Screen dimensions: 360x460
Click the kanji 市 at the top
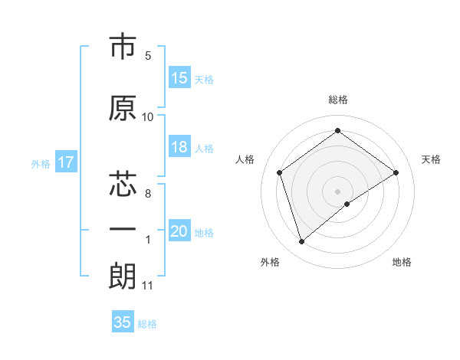pos(123,47)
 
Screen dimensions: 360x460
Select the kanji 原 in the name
pos(123,108)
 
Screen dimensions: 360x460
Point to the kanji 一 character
pos(123,229)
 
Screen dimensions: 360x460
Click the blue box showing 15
pos(179,78)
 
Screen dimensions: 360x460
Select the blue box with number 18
pos(179,148)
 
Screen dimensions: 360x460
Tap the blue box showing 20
pos(179,232)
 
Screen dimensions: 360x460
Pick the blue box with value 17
pos(65,162)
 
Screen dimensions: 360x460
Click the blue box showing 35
pos(123,322)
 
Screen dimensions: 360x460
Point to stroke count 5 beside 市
pos(148,56)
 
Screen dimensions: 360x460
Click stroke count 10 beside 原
pos(148,117)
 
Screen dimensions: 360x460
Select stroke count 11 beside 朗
pos(148,286)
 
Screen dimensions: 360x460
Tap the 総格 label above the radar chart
pos(338,100)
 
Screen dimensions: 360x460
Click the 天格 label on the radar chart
pos(432,159)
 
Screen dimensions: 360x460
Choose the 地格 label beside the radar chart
pos(402,262)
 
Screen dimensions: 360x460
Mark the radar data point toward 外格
pos(301,242)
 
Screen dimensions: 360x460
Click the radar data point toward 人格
pos(280,172)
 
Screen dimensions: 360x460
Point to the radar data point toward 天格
pos(396,172)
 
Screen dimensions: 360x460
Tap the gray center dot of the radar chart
pos(338,191)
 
